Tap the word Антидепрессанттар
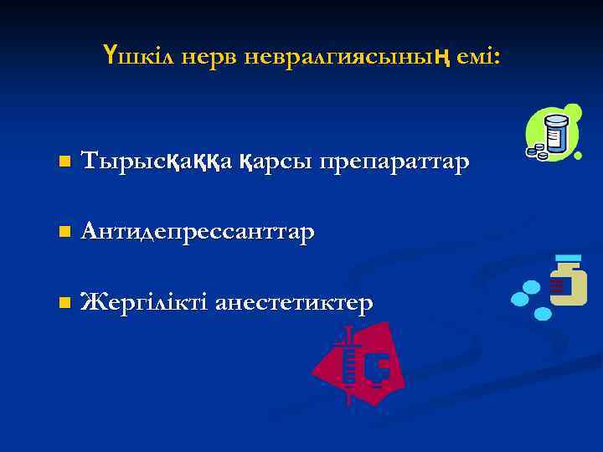coord(198,230)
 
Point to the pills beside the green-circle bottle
coord(536,154)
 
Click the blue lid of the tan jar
coord(568,258)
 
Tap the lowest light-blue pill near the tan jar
coord(543,314)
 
